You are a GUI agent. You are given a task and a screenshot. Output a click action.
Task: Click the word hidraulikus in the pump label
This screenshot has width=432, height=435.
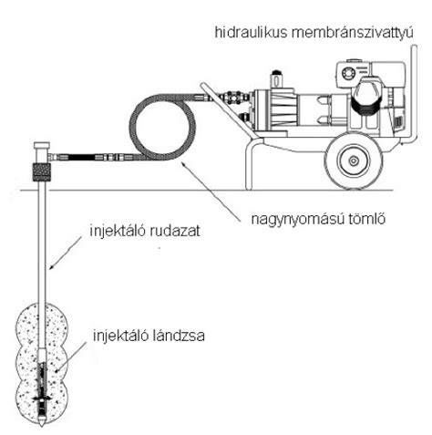(251, 32)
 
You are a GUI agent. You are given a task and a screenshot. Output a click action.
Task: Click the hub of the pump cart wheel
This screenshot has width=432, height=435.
(354, 161)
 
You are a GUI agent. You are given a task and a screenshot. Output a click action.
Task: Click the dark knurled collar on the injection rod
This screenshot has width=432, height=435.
(41, 172)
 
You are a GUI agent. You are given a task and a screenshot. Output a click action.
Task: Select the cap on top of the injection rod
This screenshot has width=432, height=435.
(42, 145)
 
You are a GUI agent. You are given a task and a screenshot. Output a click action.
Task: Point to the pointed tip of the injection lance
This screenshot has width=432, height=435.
(42, 424)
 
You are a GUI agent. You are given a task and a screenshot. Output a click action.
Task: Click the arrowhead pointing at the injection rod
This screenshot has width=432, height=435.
(52, 267)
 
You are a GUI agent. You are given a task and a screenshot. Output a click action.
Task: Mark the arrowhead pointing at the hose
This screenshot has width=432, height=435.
(184, 166)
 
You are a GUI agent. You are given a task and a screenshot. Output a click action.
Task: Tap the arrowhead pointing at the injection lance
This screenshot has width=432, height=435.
(58, 370)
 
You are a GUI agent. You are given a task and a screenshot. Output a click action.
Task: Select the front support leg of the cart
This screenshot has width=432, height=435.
(249, 166)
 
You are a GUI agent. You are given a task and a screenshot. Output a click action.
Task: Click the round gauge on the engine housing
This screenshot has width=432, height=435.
(348, 73)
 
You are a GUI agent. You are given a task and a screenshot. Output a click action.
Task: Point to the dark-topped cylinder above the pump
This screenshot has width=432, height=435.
(276, 79)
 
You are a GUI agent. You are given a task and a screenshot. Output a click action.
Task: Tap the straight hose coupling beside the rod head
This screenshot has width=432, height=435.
(91, 158)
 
